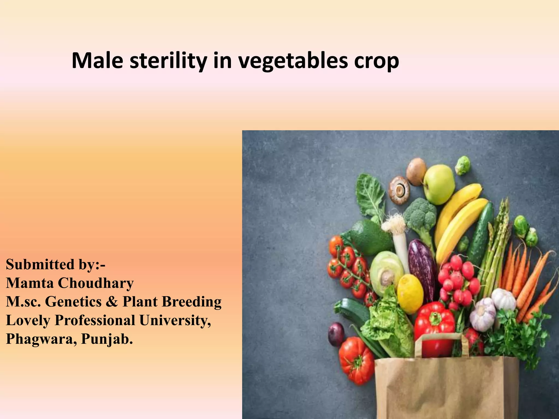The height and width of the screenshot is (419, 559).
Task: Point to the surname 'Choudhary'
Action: (x=96, y=284)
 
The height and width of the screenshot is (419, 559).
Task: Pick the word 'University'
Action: (x=175, y=321)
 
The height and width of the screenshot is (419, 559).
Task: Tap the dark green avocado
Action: (x=371, y=237)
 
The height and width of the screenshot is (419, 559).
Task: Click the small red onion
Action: (x=336, y=334)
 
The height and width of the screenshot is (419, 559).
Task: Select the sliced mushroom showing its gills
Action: (x=399, y=190)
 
